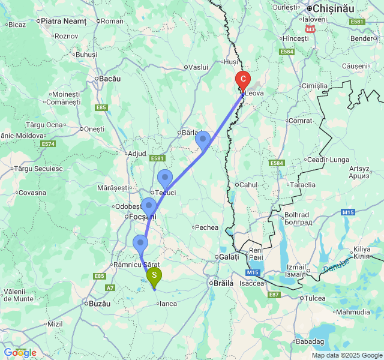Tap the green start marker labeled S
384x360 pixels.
coord(154,277)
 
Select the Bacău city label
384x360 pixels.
coord(110,79)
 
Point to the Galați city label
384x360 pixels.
coord(229,257)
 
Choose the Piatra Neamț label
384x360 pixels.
coord(65,21)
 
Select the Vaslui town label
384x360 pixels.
coord(197,67)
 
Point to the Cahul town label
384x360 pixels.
coord(248,184)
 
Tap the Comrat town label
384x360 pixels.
coord(301,121)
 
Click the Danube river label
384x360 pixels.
coord(336,264)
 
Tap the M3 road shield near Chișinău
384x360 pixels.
coord(310,28)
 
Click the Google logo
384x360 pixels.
coord(19,353)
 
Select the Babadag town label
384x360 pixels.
coord(309,341)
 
